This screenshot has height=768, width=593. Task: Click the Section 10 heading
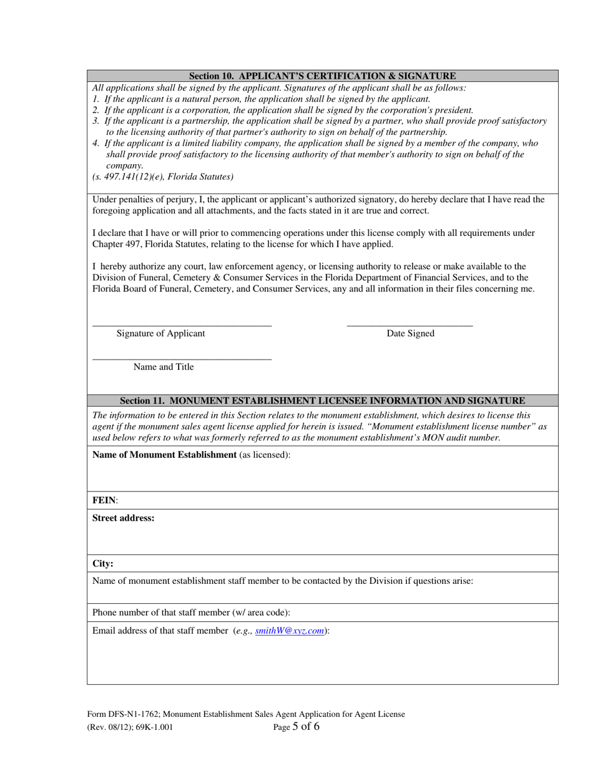(322, 76)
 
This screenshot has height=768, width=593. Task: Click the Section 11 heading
(322, 400)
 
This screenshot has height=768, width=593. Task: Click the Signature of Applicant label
(160, 333)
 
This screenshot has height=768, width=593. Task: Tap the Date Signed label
(410, 333)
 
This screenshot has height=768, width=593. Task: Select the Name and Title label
(164, 367)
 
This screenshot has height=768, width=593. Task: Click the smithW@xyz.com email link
(290, 631)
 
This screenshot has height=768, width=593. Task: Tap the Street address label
(123, 518)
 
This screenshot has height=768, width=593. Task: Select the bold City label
(103, 564)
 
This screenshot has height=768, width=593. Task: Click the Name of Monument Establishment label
(164, 455)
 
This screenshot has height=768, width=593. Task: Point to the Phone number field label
(191, 613)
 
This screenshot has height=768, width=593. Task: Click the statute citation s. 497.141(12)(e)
(163, 177)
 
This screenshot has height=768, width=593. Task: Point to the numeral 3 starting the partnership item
(96, 121)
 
